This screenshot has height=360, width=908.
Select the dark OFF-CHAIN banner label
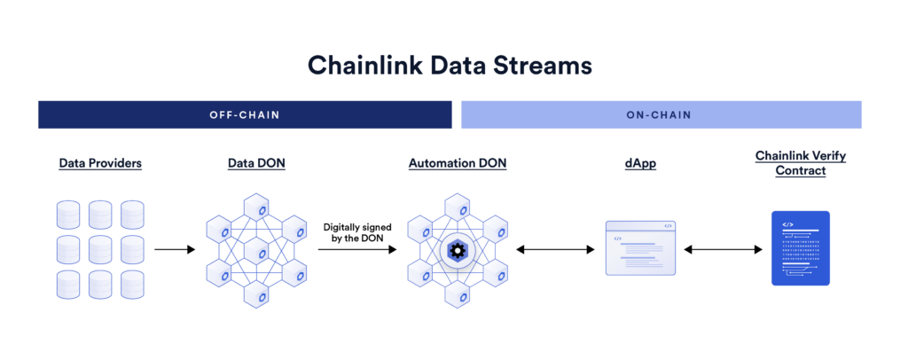pyautogui.click(x=244, y=114)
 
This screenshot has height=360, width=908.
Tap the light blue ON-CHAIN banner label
pyautogui.click(x=661, y=114)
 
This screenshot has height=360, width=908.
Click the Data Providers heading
pyautogui.click(x=100, y=163)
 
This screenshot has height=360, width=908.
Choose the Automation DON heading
pyautogui.click(x=457, y=163)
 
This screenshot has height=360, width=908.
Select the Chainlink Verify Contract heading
pyautogui.click(x=800, y=162)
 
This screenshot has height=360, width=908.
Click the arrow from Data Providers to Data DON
pyautogui.click(x=175, y=250)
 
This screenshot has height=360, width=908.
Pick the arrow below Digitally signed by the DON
pyautogui.click(x=356, y=250)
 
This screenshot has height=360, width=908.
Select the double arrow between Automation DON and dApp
pyautogui.click(x=555, y=250)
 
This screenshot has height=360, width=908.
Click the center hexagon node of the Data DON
pyautogui.click(x=263, y=253)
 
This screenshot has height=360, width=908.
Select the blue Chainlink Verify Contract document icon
pyautogui.click(x=800, y=247)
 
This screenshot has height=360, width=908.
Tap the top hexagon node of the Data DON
pyautogui.click(x=263, y=210)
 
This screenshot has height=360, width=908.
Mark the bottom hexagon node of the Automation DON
pyautogui.click(x=457, y=293)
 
